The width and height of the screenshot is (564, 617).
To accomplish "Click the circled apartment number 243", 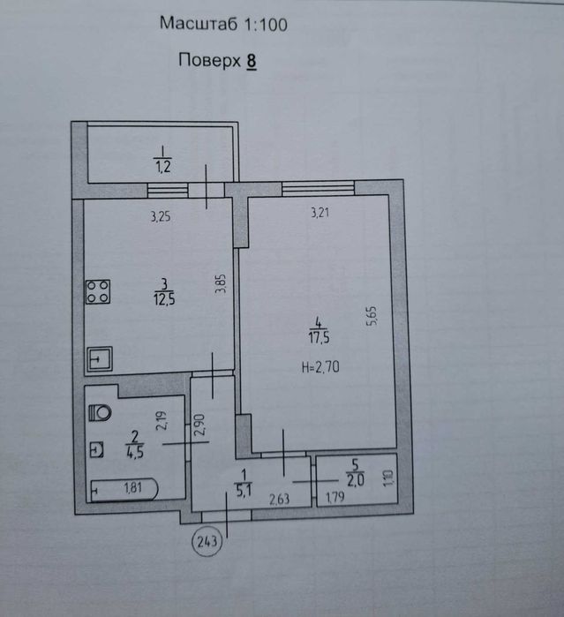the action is coord(207,542).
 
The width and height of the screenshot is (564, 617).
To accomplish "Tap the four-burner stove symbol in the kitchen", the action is coord(98,291).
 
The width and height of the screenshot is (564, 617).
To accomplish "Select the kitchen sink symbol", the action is coord(100,358).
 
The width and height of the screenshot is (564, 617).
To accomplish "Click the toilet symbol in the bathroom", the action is coord(100,413).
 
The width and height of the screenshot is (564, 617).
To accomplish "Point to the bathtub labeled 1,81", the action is coord(124,490).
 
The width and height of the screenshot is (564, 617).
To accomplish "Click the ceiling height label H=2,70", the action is coord(320,367).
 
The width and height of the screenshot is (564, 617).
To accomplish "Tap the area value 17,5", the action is coord(320,337).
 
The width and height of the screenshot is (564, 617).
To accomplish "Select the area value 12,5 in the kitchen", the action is coord(164,299).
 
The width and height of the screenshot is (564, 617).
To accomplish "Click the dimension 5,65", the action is coord(372,316).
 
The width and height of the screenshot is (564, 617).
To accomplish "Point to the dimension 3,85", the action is coord(221,283).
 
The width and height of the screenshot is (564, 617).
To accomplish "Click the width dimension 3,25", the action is coord(161,216).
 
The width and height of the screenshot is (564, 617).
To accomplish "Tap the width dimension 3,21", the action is coord(320,213).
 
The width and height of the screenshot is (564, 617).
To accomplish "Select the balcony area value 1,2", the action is coord(163,167).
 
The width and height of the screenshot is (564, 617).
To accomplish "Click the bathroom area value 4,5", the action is coord(135,453).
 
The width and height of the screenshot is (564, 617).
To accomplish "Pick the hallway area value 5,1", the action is coord(244,491).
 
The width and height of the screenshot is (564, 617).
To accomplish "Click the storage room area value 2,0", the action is coord(355,480).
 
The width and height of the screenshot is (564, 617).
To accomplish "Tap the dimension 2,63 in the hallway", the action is coord(280,500).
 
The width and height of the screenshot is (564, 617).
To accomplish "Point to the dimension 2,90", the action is coord(200,425).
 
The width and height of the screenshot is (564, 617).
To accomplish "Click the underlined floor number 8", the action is coord(252,62).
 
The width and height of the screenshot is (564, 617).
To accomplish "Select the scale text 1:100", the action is coord(266,25).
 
